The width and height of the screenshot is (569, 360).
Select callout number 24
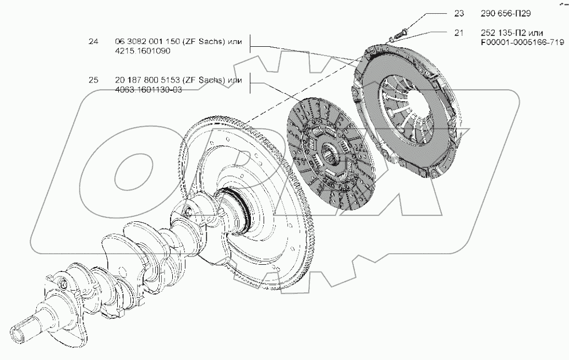[93, 41]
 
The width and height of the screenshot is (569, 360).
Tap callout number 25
[93, 80]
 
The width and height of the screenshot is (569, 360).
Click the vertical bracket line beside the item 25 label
[250, 85]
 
